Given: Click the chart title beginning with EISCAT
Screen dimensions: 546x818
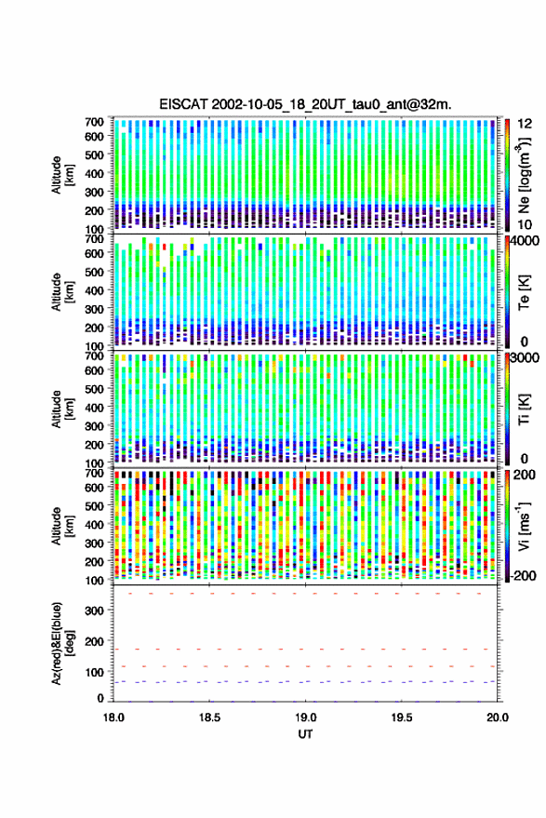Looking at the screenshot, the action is click(x=305, y=104).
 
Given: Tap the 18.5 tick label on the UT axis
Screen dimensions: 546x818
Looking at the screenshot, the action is click(x=209, y=717).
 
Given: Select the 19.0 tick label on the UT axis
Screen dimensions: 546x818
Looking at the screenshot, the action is click(x=306, y=717).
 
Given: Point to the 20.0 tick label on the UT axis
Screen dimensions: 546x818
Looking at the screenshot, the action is click(x=498, y=717).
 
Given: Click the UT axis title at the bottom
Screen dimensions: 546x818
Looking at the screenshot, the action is click(x=305, y=734).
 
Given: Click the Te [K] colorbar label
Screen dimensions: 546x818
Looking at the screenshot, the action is click(x=524, y=292).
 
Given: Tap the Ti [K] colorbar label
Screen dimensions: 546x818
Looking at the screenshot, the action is click(x=524, y=409).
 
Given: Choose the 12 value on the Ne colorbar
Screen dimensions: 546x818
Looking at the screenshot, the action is click(x=525, y=124).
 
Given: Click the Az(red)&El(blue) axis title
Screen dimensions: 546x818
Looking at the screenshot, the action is click(x=62, y=643).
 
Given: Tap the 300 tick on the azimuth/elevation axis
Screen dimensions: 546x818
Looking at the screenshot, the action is click(x=94, y=610).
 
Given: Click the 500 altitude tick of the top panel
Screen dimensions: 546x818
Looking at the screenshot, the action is click(x=94, y=154).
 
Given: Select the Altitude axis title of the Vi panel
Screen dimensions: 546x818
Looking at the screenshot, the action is click(x=62, y=527).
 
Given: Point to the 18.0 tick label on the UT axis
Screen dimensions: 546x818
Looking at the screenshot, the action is click(x=113, y=717).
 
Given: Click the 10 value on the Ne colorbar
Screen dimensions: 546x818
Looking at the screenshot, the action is click(x=525, y=225).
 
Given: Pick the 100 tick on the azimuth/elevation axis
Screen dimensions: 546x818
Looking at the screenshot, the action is click(x=94, y=673).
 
